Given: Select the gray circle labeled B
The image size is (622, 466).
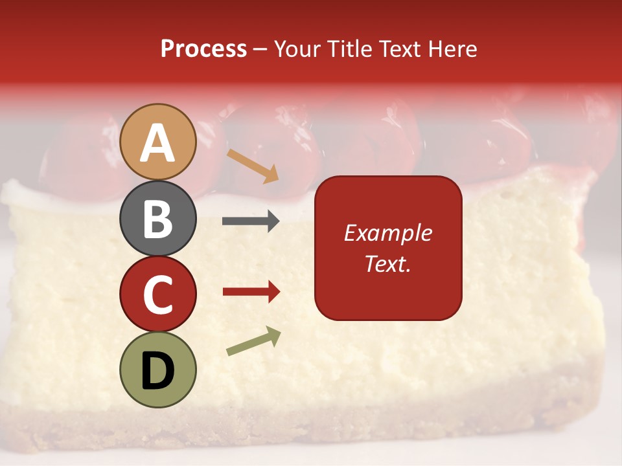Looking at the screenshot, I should tap(157, 218).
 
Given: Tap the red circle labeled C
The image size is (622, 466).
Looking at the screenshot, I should tap(157, 294).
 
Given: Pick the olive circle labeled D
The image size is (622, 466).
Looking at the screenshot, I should tap(157, 370).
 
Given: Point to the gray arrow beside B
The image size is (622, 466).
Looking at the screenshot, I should tap(251, 221).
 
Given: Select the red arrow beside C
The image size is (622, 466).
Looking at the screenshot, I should tap(251, 292).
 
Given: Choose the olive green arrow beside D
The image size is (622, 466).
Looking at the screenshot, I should tap(253, 341).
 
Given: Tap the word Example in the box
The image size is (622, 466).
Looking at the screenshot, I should tap(387, 233).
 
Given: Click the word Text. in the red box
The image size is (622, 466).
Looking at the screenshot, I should tap(387, 264).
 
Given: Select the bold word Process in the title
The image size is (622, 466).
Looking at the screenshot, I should tap(203, 49).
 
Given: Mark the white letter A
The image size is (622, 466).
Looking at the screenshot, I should tap(157, 142).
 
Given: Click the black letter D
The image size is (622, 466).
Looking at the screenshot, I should tap(157, 371).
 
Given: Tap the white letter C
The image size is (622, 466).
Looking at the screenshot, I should tap(157, 295).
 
